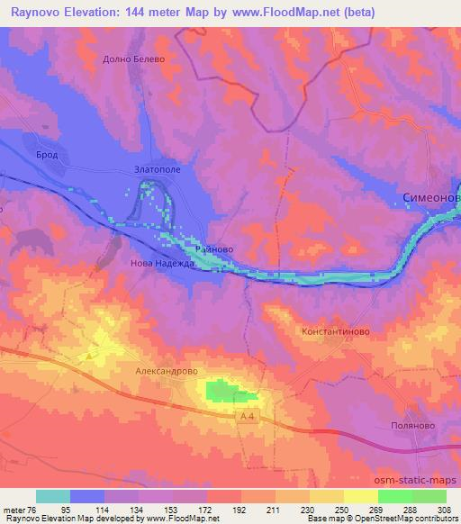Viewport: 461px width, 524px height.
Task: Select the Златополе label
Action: [158, 169]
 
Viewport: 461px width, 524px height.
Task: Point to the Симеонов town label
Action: [430, 198]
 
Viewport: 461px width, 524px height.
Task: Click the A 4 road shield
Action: [249, 415]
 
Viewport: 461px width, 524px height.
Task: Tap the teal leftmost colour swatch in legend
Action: [53, 495]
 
